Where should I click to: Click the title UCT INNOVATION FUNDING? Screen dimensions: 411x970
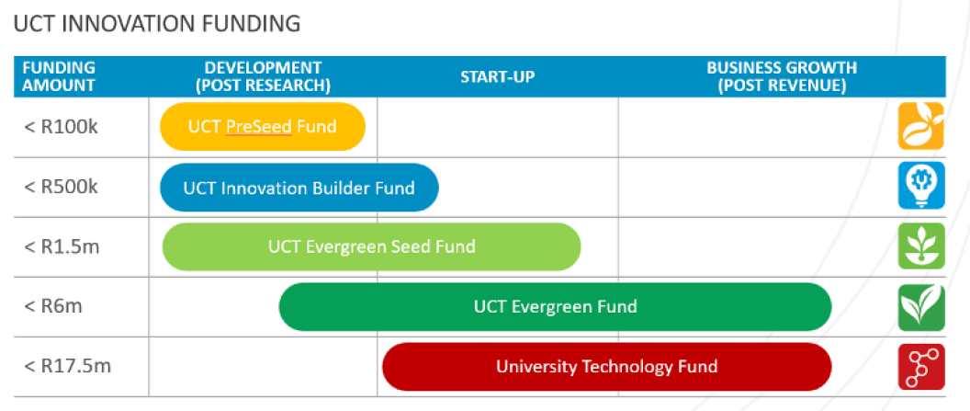pos(157,24)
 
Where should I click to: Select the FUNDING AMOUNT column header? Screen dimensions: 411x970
pos(59,76)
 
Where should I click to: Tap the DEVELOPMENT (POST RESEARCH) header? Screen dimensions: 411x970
pos(263,76)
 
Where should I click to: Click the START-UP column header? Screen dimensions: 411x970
pos(497,76)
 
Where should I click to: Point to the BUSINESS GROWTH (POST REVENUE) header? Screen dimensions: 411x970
pos(781,76)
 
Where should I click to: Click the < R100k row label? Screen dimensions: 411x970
pos(61,126)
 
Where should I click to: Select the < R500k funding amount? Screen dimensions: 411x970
pos(61,186)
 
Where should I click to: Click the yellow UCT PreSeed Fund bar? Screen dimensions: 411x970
pos(263,126)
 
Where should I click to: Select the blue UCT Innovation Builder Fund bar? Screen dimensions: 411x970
pos(299,188)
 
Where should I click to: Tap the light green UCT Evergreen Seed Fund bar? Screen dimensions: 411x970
pos(371,246)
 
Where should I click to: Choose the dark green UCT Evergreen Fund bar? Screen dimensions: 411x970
pos(555,307)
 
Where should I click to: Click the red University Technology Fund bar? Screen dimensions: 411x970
pos(606,367)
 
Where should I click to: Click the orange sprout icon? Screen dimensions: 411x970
pos(920,126)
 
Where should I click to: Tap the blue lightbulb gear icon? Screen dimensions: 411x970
pos(920,186)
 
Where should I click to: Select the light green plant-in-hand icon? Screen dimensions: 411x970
pos(920,246)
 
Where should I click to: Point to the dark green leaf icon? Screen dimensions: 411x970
pos(920,307)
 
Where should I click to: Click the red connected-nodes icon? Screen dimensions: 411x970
pos(920,367)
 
